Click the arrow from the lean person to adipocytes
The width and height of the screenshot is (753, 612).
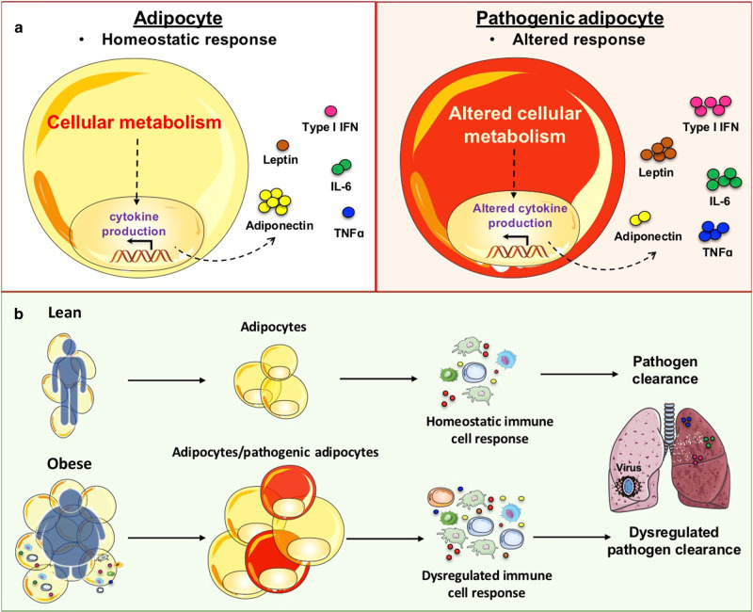167,382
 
